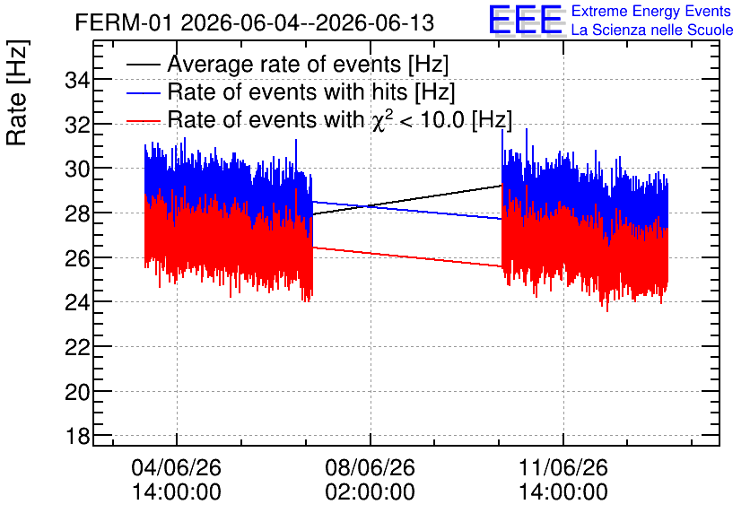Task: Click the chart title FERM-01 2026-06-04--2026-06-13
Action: pos(255,22)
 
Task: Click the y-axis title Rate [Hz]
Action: pos(17,92)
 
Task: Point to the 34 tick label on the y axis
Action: pos(78,81)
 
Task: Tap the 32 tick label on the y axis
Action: pos(78,125)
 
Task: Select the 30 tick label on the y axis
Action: pos(78,169)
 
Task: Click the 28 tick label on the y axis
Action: pos(78,213)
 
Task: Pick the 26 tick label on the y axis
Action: pos(78,258)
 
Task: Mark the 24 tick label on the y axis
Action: pos(78,302)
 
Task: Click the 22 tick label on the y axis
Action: pos(78,347)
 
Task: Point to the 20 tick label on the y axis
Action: pos(78,392)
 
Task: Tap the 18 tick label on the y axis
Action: pos(78,436)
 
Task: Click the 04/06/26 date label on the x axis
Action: pos(177,467)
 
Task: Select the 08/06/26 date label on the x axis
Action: pos(371,467)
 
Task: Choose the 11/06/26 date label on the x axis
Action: pos(563,467)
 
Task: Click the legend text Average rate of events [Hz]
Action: pos(308,64)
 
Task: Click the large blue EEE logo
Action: pos(527,20)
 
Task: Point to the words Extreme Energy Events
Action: pos(651,11)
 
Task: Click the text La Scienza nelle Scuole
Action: pos(652,30)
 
